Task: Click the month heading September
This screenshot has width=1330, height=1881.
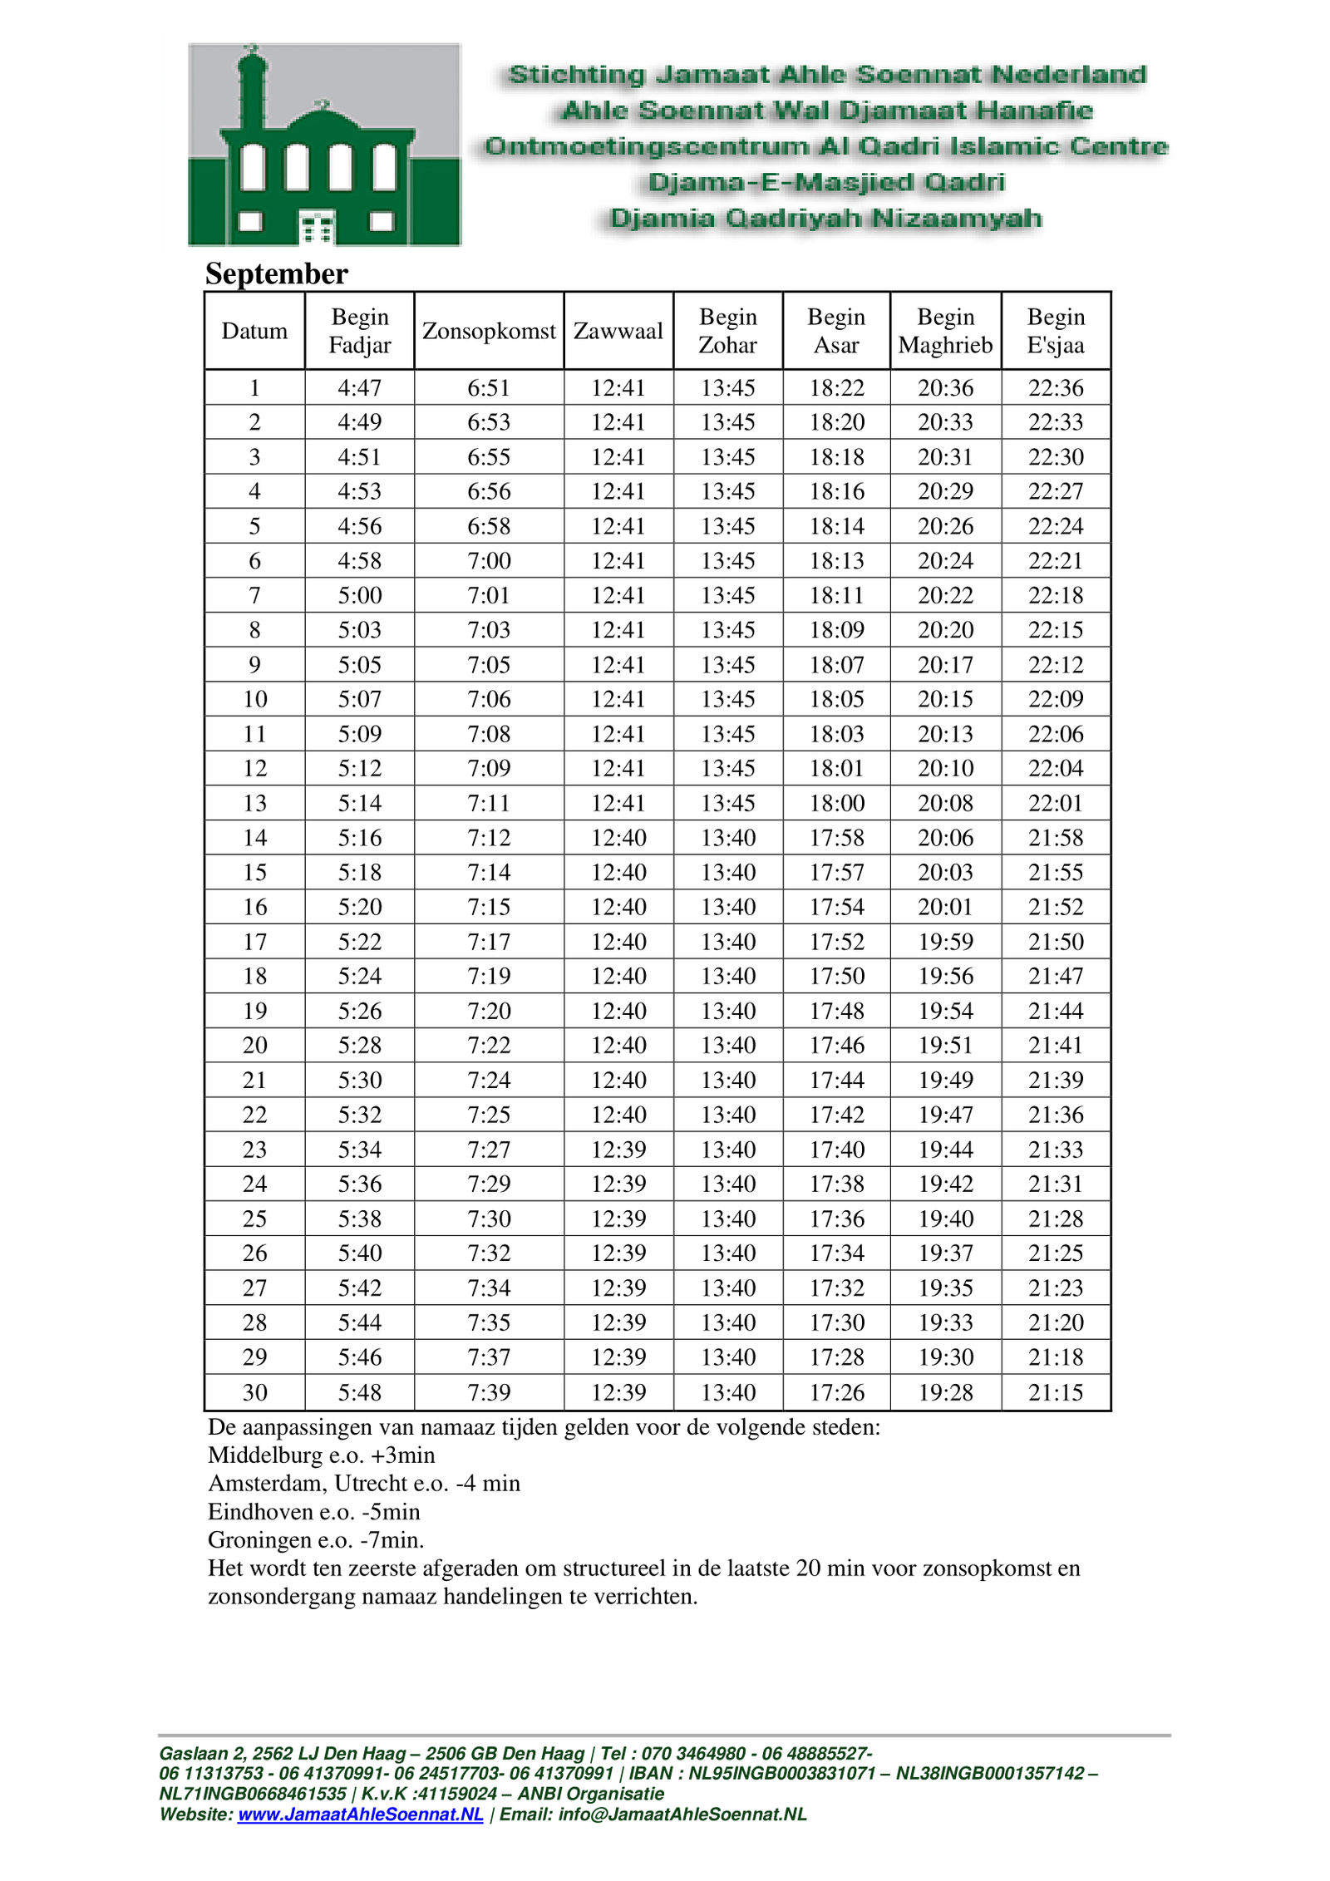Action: click(276, 273)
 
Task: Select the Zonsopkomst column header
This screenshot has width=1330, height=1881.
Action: click(488, 331)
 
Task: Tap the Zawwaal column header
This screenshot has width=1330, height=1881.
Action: click(618, 331)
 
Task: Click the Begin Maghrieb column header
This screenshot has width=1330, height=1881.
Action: click(945, 331)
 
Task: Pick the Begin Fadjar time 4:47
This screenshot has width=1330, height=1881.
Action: click(359, 387)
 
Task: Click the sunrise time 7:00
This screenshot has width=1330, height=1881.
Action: click(488, 560)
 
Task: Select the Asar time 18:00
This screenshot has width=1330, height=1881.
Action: click(836, 803)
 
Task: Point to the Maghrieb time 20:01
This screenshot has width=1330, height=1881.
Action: click(945, 907)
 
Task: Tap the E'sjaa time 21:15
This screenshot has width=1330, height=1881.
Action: click(1055, 1392)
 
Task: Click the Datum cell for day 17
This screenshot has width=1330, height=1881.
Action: click(254, 942)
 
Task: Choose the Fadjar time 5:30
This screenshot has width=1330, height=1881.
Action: click(359, 1080)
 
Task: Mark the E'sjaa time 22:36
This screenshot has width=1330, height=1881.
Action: click(1055, 387)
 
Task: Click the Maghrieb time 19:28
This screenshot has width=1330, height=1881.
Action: click(945, 1392)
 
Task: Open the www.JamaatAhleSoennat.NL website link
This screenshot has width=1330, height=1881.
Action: click(360, 1815)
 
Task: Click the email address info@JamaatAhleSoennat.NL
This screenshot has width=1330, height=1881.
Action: click(682, 1815)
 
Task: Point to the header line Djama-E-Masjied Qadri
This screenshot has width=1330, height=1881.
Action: click(825, 182)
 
